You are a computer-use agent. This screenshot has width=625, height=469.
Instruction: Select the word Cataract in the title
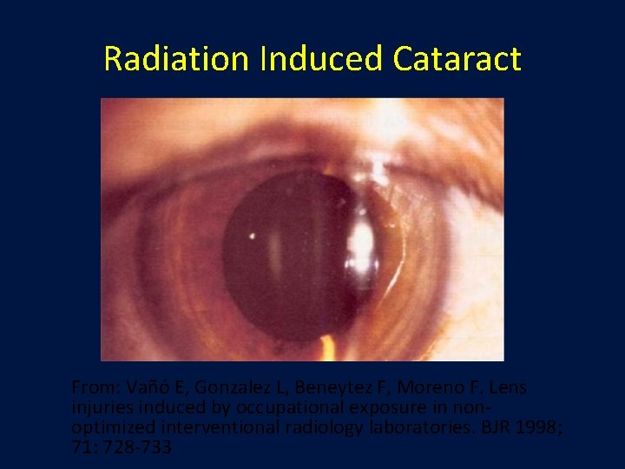[457, 59]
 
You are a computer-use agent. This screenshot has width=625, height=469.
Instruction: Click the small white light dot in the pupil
[253, 234]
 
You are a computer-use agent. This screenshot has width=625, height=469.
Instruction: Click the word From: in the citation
[95, 386]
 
